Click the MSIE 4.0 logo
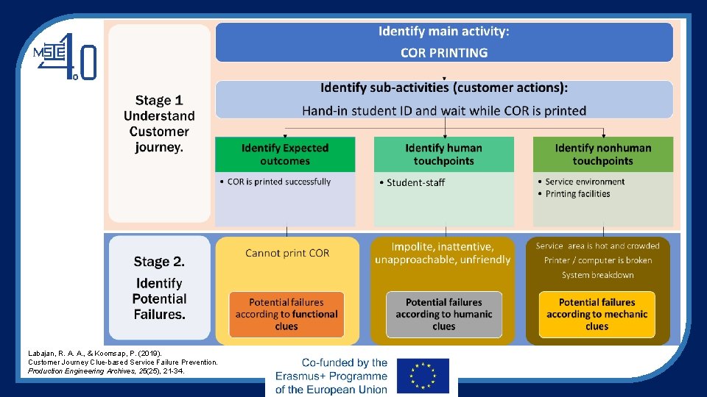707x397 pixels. point(65,57)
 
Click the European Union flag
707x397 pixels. point(422,376)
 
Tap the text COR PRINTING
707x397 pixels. point(444,53)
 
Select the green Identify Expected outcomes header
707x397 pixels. point(285,154)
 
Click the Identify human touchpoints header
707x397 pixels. point(444,154)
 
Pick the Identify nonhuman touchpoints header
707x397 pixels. point(602,154)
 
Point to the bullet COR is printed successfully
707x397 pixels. point(279,182)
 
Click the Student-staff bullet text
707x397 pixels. point(416,182)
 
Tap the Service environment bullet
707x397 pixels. point(585,182)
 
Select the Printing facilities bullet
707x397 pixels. point(577,194)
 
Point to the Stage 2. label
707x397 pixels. point(159,262)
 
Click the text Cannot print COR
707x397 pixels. point(287,253)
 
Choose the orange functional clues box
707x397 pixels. point(286,314)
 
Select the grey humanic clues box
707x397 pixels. point(444,314)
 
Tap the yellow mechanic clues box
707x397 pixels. point(597,314)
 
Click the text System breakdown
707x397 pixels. point(597,275)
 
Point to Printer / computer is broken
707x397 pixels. point(597,260)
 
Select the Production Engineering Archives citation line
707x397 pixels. point(106,371)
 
